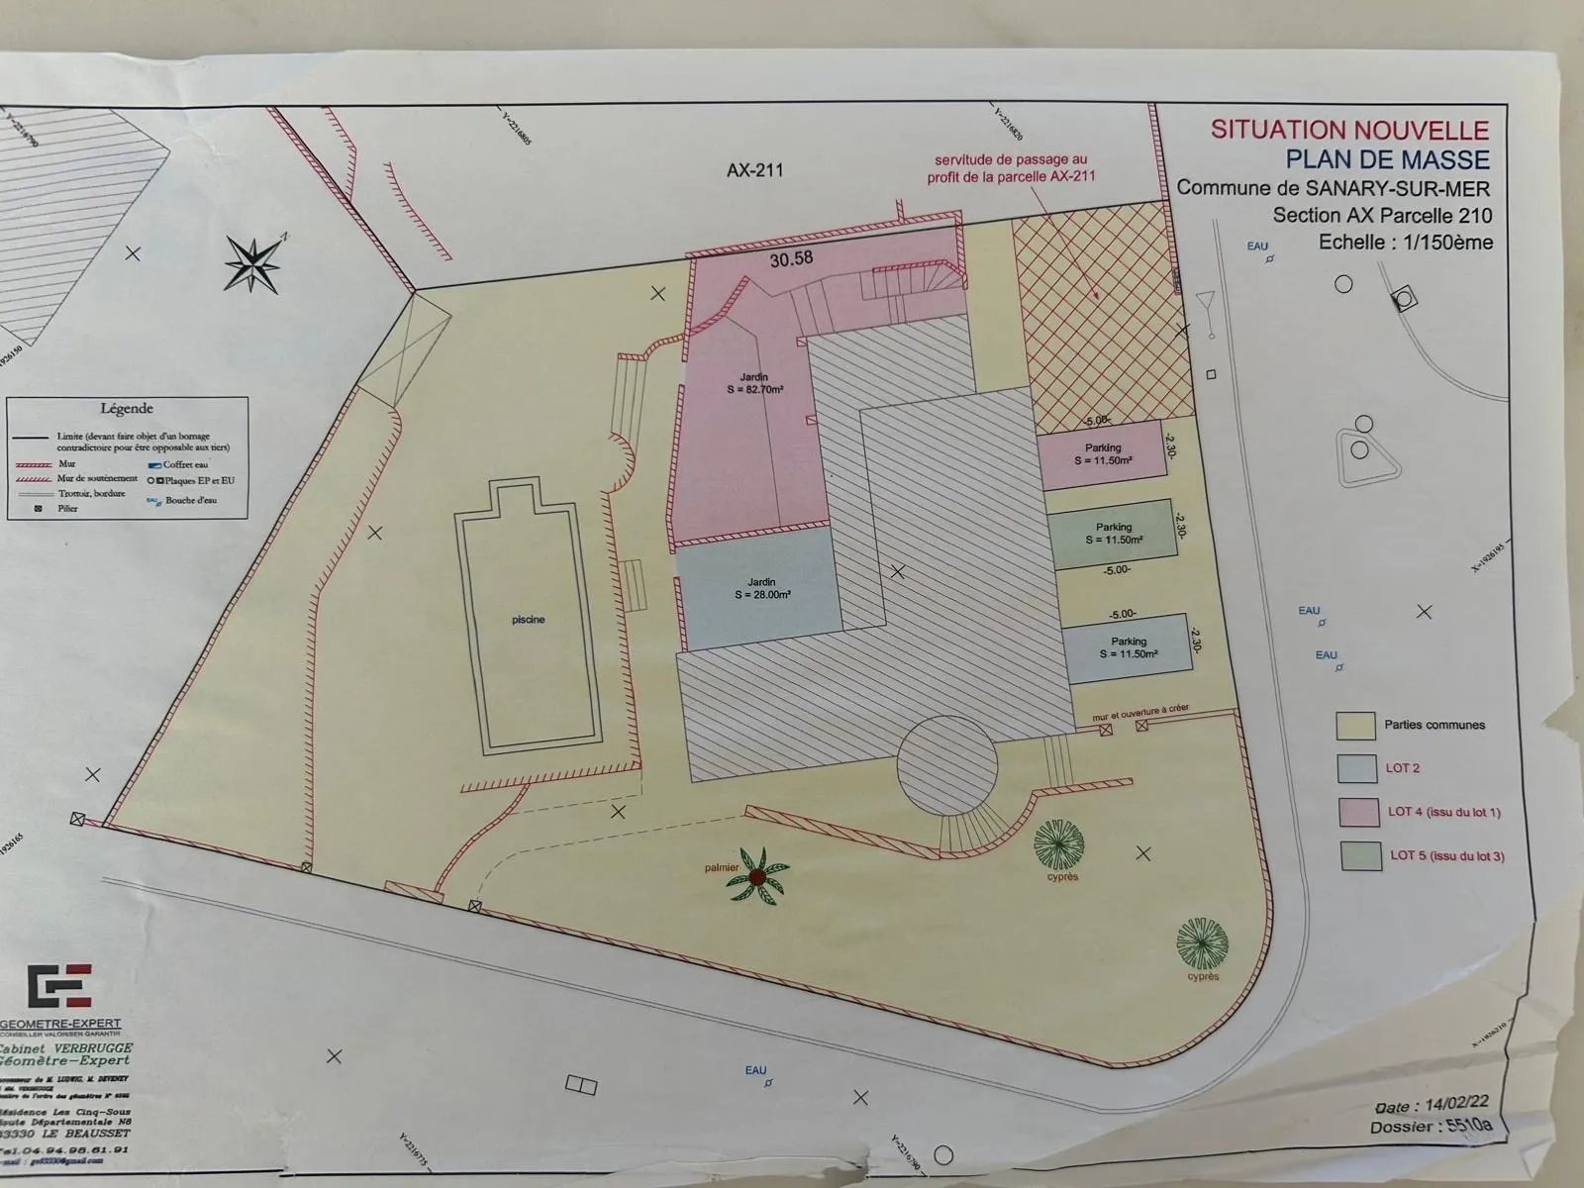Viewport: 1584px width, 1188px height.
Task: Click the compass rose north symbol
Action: [x=252, y=262]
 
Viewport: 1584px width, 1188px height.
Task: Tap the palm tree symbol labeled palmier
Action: [x=757, y=875]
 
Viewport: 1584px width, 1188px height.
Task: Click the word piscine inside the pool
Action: [x=528, y=620]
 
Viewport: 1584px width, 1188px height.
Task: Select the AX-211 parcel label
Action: [x=754, y=170]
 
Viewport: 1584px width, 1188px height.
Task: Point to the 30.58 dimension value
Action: [x=791, y=258]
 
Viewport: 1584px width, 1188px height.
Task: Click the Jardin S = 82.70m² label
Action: [x=755, y=383]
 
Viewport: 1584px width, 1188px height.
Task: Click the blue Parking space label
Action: [x=1129, y=647]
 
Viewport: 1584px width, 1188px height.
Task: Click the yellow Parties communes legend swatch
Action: [x=1355, y=726]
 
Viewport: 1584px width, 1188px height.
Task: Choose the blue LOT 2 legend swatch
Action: [x=1356, y=769]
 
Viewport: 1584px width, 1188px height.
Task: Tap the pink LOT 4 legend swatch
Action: [x=1358, y=812]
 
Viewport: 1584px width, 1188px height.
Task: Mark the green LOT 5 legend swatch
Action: [x=1360, y=855]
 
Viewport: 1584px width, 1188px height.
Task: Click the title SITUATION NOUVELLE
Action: [x=1349, y=130]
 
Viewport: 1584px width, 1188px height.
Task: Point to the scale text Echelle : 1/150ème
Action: [x=1405, y=243]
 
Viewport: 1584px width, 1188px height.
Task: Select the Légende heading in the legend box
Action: [x=127, y=408]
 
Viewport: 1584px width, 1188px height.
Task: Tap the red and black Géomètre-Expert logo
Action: [x=59, y=986]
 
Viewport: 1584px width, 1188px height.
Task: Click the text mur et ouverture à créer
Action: [x=1140, y=709]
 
